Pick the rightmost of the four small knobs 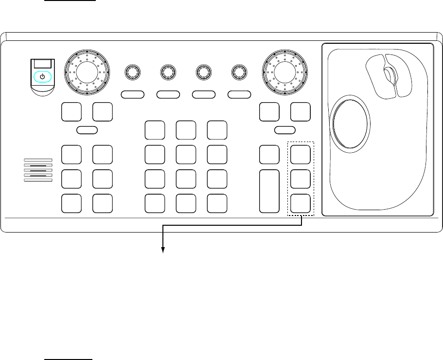(x=239, y=72)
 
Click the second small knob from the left (x=168, y=72)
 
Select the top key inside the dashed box (x=301, y=154)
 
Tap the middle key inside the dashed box (x=301, y=179)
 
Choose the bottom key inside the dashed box (x=301, y=203)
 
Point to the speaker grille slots (x=38, y=170)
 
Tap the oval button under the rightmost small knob (x=239, y=93)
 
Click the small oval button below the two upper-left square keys (x=88, y=129)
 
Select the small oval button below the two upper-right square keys (x=284, y=129)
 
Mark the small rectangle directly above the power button (x=43, y=63)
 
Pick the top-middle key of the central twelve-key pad (x=186, y=130)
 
